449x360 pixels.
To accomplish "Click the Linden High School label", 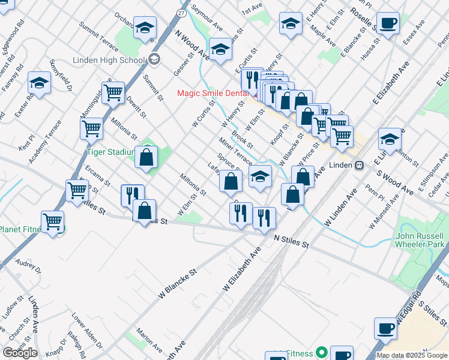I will pyautogui.click(x=109, y=60).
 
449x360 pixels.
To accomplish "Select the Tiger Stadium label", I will pyautogui.click(x=109, y=152).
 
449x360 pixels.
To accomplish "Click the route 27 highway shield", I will pyautogui.click(x=182, y=13).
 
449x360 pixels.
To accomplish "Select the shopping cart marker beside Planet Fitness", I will pyautogui.click(x=53, y=221).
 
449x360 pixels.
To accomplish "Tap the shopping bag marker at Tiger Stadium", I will pyautogui.click(x=146, y=157).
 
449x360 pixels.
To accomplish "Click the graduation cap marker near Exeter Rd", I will pyautogui.click(x=40, y=83).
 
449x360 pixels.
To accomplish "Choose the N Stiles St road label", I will pyautogui.click(x=291, y=242).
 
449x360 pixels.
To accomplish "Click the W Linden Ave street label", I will pyautogui.click(x=340, y=208).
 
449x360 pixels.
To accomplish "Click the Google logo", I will pyautogui.click(x=20, y=353).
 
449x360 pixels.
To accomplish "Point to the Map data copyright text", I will pyautogui.click(x=412, y=355).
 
